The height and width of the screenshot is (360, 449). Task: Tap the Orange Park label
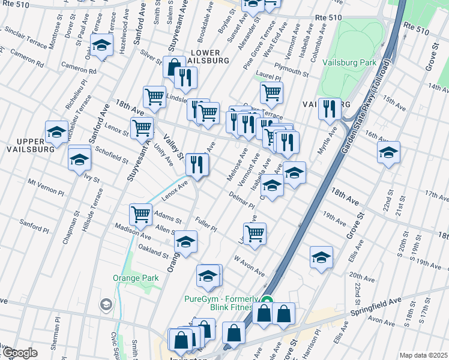(x=136, y=278)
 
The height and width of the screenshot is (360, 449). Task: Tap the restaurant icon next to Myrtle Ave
(x=329, y=108)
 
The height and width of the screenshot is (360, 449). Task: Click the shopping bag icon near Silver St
(x=174, y=67)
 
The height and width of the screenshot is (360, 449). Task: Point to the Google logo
(x=20, y=353)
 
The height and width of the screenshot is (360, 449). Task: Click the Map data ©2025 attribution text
(x=423, y=355)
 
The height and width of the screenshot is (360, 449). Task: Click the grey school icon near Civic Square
(x=106, y=305)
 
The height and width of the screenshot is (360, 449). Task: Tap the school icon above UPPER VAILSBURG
(x=56, y=131)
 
